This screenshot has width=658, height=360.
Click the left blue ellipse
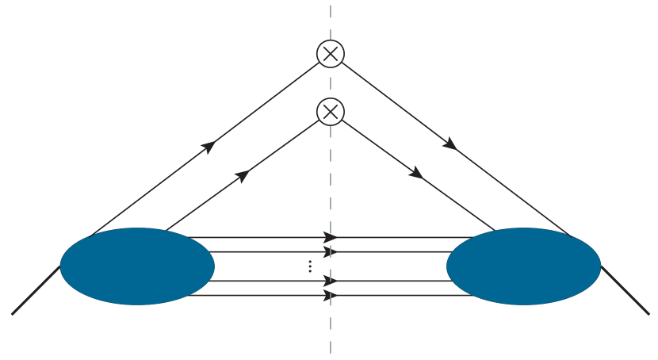click(137, 266)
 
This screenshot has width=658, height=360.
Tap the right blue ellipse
click(523, 266)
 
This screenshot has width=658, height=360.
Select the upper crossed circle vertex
click(331, 54)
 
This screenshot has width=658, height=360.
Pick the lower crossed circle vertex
click(331, 112)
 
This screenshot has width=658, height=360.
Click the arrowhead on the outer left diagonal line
click(209, 146)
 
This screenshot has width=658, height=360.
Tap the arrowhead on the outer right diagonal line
click(450, 144)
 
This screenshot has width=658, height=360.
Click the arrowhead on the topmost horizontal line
click(331, 237)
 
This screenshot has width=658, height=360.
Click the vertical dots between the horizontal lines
click(311, 266)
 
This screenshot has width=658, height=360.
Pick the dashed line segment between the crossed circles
click(331, 83)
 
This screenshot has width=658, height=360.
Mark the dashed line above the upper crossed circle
click(331, 20)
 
